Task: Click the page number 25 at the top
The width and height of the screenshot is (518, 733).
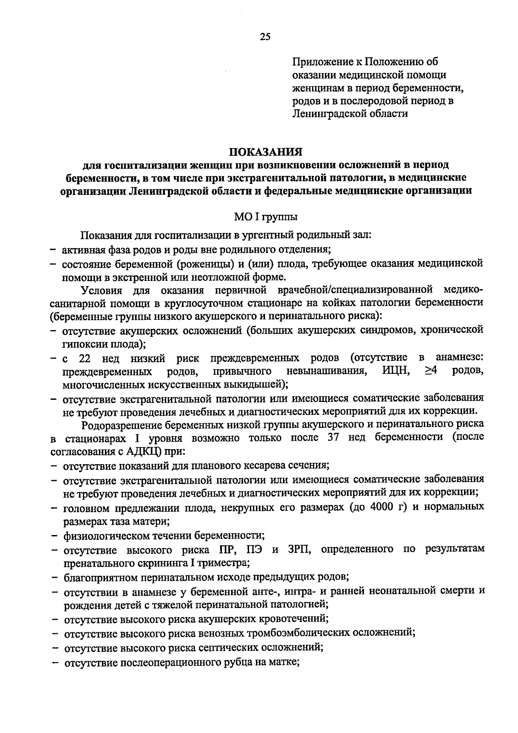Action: point(265,37)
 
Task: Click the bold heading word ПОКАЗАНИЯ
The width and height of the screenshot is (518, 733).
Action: point(265,153)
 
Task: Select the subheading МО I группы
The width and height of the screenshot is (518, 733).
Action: point(265,217)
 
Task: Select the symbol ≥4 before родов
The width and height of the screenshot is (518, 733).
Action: point(432,371)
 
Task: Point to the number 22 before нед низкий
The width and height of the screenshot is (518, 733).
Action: point(85,358)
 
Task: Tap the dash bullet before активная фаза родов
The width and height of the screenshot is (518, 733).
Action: point(53,249)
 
